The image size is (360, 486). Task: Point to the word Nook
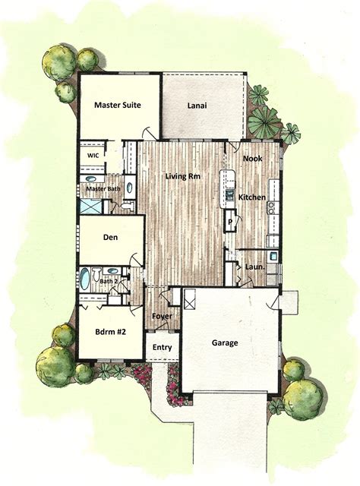point(253,159)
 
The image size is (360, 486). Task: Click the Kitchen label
point(251,197)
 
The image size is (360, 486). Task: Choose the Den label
point(111,238)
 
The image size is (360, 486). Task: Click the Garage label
point(224,343)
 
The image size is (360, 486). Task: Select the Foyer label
point(162,316)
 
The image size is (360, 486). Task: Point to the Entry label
point(162,348)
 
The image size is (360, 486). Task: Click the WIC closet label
point(93,154)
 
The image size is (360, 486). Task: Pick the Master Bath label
point(102,188)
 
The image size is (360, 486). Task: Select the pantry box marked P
point(229,222)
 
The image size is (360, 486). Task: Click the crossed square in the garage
point(190,299)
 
